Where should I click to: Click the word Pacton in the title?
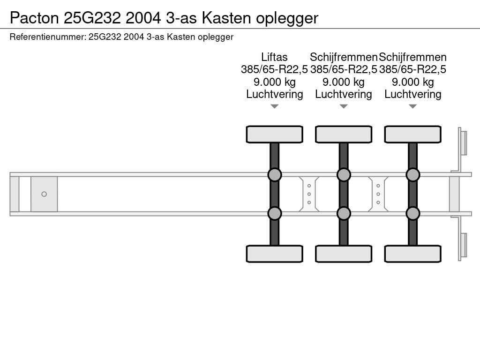pos(34,18)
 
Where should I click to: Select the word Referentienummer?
pos(47,37)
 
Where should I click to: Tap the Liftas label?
pos(274,57)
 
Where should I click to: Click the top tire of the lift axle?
pos(275,134)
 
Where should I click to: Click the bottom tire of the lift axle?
pos(275,254)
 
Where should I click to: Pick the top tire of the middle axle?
pos(344,134)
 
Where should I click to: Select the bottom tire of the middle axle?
pos(344,254)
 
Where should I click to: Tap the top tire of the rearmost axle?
pos(413,134)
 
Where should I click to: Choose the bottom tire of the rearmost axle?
pos(413,254)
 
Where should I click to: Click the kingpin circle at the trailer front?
pos(44,194)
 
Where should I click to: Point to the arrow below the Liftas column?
pos(275,106)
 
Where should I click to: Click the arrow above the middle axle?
pos(344,106)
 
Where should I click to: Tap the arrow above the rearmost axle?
pos(413,106)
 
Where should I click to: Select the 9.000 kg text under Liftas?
pos(275,82)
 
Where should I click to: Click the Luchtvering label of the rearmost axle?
pos(413,94)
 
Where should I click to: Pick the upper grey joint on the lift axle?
pos(275,175)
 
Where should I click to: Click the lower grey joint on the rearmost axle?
pos(413,213)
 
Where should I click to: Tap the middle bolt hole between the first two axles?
pos(309,194)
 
